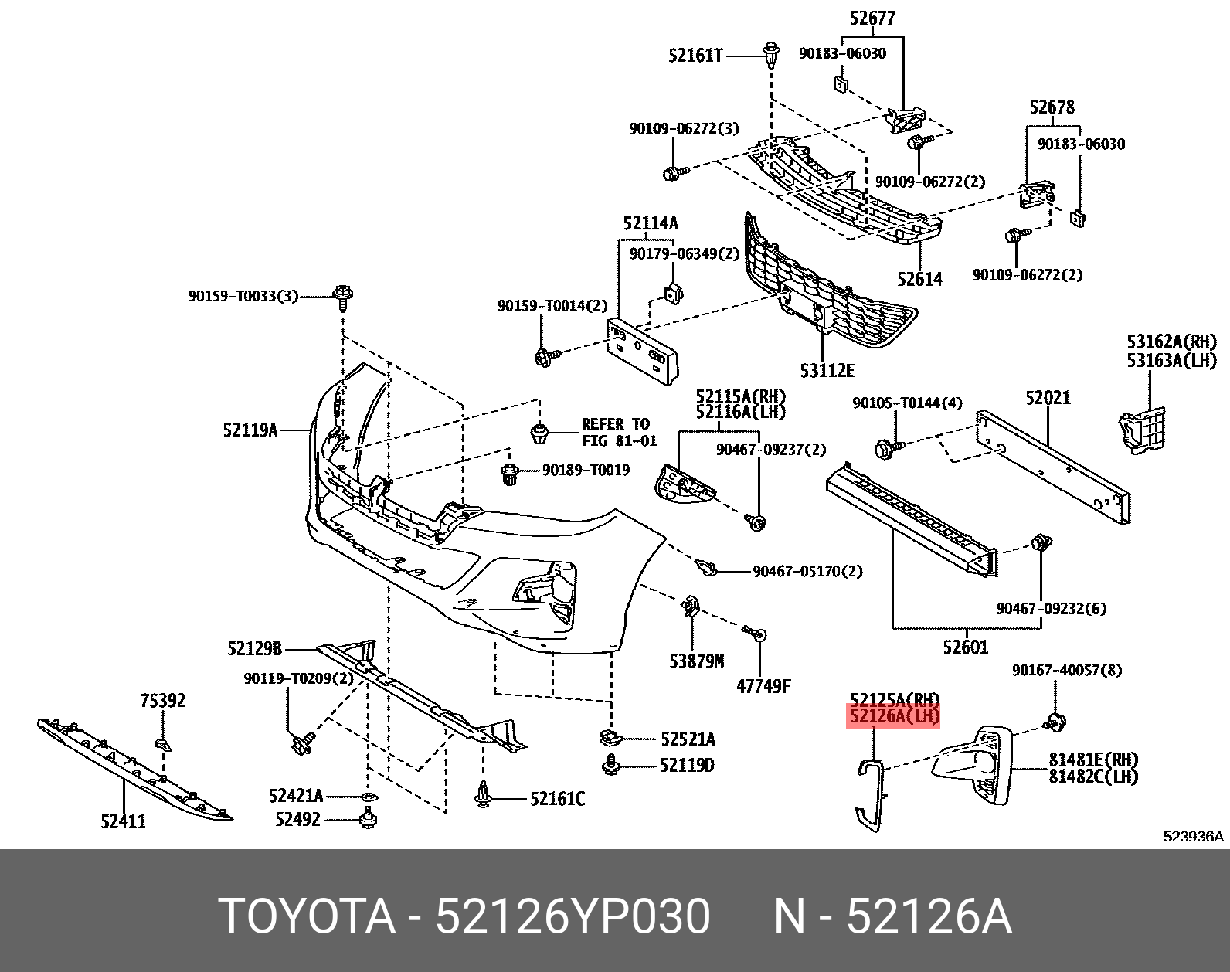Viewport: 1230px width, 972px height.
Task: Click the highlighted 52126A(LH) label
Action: (x=894, y=716)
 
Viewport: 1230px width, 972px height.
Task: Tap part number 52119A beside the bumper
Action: (x=250, y=430)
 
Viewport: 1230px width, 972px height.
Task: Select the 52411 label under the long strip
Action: (x=123, y=821)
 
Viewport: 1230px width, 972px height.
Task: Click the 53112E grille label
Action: (x=827, y=371)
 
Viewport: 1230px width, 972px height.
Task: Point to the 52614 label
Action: (x=919, y=279)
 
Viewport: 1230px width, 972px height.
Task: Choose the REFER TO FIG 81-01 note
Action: (x=619, y=432)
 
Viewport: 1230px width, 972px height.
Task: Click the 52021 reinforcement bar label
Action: (x=1048, y=398)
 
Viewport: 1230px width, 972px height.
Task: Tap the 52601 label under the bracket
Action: (x=965, y=647)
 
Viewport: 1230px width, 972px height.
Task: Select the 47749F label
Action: (x=763, y=686)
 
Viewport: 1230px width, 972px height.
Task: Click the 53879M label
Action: (x=696, y=661)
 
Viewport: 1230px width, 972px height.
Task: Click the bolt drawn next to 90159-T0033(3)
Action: (x=343, y=296)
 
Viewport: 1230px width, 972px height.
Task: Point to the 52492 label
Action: (x=297, y=819)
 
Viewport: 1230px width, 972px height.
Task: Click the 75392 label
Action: (x=162, y=701)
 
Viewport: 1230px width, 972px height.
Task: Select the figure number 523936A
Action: (x=1194, y=836)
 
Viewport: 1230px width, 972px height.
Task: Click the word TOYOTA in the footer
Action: (x=307, y=916)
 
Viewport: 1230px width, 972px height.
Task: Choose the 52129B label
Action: (x=255, y=649)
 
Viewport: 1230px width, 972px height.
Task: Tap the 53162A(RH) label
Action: (x=1171, y=342)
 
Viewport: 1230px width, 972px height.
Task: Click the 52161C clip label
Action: (x=557, y=799)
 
